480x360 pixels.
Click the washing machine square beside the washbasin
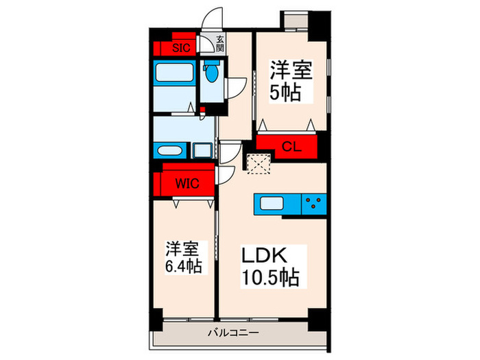(x=202, y=150)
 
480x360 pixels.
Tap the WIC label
(x=185, y=183)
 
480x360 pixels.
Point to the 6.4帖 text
(x=182, y=267)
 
